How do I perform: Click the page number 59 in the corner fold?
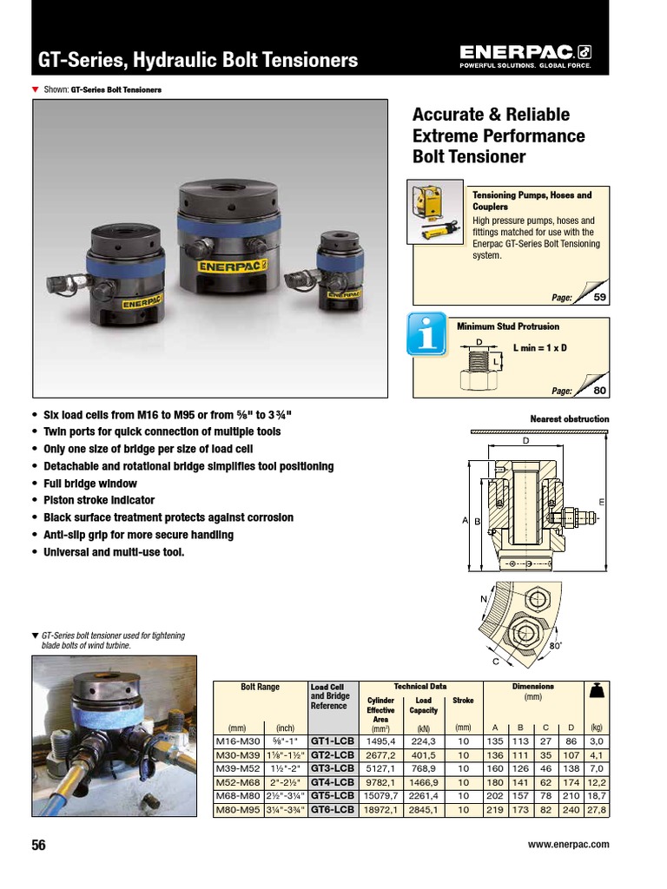[598, 298]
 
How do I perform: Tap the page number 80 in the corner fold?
[598, 391]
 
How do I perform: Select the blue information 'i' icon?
[428, 334]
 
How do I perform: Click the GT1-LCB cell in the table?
[333, 741]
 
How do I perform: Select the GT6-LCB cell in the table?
[333, 809]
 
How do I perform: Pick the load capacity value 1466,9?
[424, 782]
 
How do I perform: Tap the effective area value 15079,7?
[380, 795]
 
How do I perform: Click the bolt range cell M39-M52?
[237, 768]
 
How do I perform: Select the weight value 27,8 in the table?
[596, 809]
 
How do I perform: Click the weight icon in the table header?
[596, 693]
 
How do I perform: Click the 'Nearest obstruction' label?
[569, 419]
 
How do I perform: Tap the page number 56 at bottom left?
[39, 845]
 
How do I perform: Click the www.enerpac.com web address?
[568, 844]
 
